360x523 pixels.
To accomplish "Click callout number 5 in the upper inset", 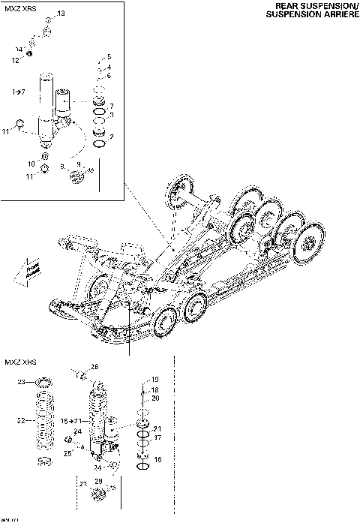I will pyautogui.click(x=109, y=57).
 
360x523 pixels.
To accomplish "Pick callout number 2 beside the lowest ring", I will pyautogui.click(x=111, y=137).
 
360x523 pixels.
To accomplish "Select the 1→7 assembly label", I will pyautogui.click(x=19, y=91).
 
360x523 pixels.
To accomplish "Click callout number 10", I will pyautogui.click(x=31, y=163).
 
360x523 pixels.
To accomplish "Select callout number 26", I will pyautogui.click(x=94, y=367).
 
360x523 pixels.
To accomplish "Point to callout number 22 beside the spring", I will pyautogui.click(x=21, y=419).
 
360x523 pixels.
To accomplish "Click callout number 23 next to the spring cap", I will pyautogui.click(x=21, y=382).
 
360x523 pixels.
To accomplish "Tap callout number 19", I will pyautogui.click(x=155, y=380).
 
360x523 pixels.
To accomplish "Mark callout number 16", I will pyautogui.click(x=157, y=458).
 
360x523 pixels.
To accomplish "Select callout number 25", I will pyautogui.click(x=67, y=453).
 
